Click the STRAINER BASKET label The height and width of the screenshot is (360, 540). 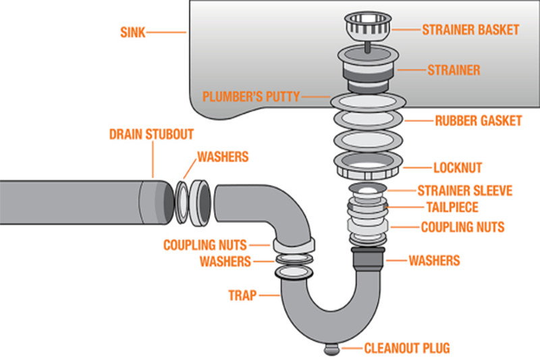(470, 30)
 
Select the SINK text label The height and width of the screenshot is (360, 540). (132, 32)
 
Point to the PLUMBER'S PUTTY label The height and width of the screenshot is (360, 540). (250, 97)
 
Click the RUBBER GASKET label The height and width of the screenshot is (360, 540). (479, 121)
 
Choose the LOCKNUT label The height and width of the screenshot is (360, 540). (458, 168)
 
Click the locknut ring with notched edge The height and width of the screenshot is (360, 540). (368, 165)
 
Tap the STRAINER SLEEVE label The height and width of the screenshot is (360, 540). (465, 190)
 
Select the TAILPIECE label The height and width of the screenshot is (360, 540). (452, 207)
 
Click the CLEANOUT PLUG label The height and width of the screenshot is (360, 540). (407, 349)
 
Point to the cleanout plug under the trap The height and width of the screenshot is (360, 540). (331, 349)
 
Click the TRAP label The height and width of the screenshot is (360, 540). (242, 295)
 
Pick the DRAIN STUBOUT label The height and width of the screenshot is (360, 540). (151, 134)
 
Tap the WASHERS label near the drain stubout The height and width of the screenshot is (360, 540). (223, 157)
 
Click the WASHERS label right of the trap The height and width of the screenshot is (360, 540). (434, 261)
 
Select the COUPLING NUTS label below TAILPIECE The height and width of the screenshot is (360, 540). (462, 227)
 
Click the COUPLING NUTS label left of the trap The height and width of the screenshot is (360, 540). (205, 245)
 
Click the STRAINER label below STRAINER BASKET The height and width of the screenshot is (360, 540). (454, 70)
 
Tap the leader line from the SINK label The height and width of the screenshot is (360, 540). (166, 32)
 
